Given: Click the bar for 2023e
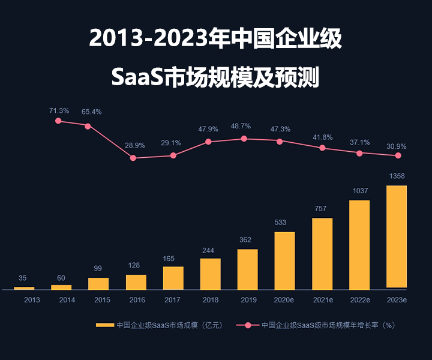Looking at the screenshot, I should pos(397,237).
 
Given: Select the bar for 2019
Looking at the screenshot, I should pos(247,269).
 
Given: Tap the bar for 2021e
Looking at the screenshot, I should pos(322,254).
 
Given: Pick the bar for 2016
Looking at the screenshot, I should pos(136,282).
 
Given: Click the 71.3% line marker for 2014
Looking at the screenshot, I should pos(58,121).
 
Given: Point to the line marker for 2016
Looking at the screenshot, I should pos(133,158).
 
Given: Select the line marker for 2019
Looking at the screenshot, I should pos(244,139).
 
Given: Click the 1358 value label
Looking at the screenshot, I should pos(397,176).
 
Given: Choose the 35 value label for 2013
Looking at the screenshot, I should pos(23,278).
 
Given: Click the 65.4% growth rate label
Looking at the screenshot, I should pos(91,112).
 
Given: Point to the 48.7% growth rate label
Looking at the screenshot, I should pos(241,126).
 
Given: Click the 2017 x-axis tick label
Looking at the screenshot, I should pos(173,299).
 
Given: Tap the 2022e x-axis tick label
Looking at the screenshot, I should pos(359,299).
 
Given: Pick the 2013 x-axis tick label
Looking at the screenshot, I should pos(32,299).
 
